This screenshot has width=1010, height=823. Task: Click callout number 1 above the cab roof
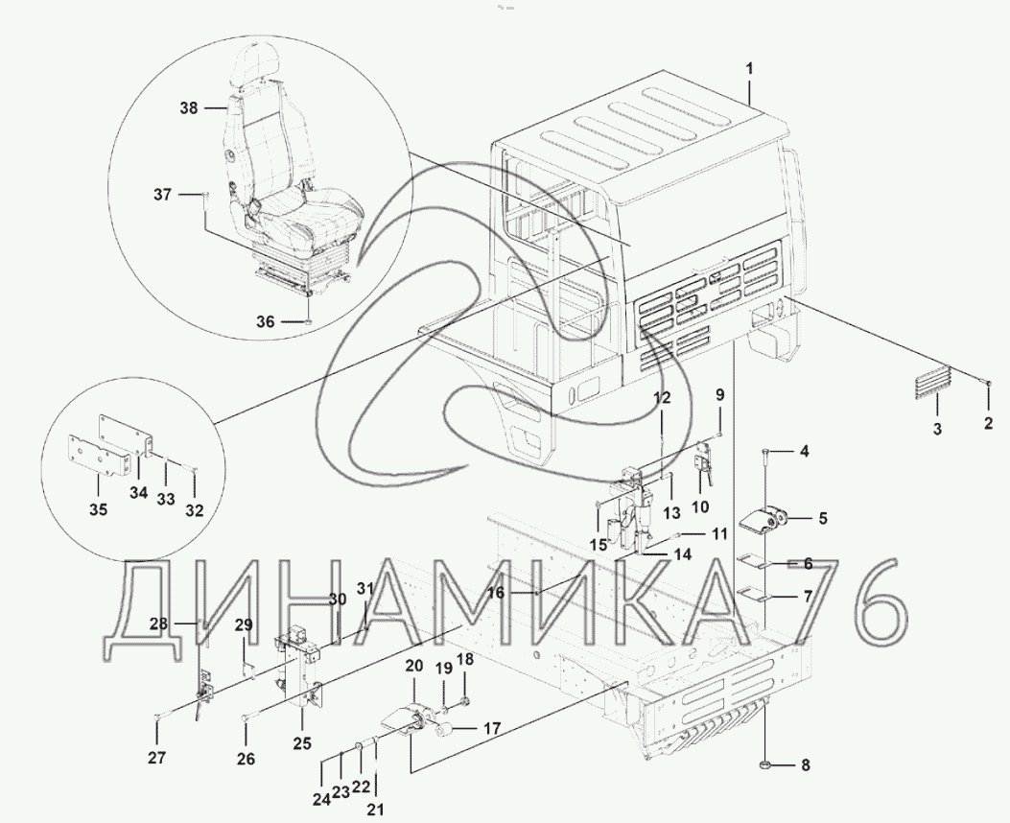coord(750,68)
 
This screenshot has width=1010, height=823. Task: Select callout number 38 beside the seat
coord(189,108)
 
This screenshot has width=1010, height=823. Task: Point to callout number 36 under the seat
coord(266,321)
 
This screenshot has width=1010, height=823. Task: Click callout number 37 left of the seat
coord(162,194)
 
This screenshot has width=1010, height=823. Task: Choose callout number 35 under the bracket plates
coord(99,509)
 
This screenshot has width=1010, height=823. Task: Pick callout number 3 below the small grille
coord(937,428)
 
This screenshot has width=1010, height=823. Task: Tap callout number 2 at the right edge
coord(989,423)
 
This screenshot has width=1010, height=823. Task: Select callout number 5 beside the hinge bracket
coord(823,518)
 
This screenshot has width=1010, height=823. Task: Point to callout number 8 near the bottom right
coord(805,765)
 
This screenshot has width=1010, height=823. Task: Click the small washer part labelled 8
coord(763,765)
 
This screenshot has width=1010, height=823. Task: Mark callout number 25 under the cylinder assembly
coord(302,743)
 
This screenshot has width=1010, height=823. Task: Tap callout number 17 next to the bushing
coord(491,730)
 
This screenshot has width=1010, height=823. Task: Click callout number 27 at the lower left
coord(156,758)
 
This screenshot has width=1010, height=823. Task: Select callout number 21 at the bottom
coord(375,809)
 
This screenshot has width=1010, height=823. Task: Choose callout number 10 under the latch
coord(700,506)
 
